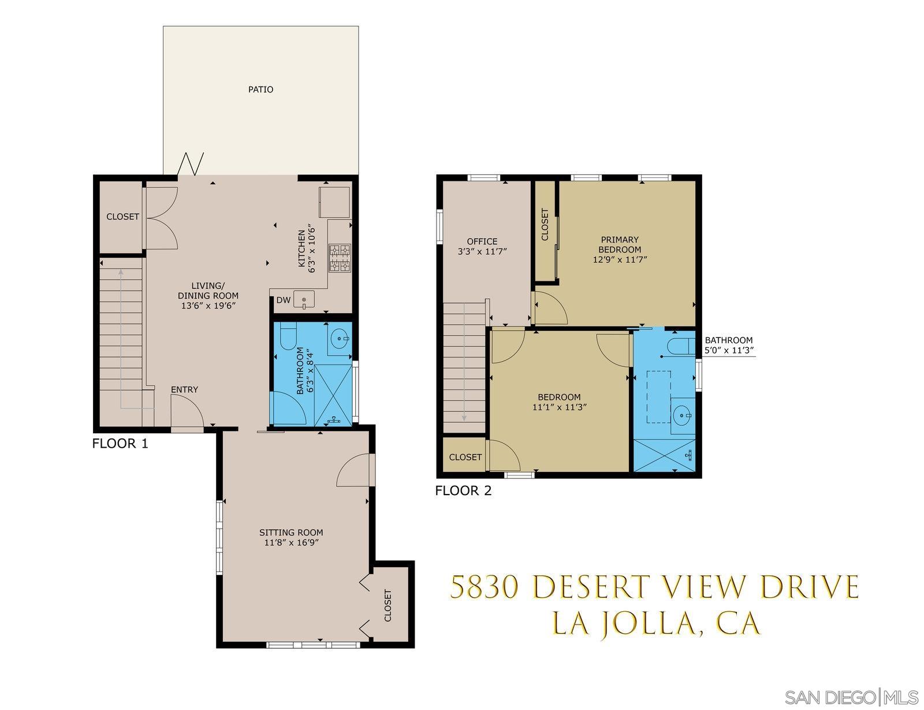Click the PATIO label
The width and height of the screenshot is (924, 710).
[260, 90]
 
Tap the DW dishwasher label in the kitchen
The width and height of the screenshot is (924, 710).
[283, 300]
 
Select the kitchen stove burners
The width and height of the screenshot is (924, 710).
[340, 258]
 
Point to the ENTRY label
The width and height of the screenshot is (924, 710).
[184, 390]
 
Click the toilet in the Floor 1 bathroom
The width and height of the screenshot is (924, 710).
[287, 337]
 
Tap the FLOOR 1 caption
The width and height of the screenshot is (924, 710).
[120, 444]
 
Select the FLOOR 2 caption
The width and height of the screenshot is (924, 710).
[463, 491]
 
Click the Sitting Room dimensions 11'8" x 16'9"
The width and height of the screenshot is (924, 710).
[292, 542]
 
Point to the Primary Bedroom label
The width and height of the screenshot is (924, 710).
[619, 244]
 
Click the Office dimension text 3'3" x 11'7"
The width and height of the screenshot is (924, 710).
[482, 251]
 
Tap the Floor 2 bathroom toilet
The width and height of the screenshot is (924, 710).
[678, 347]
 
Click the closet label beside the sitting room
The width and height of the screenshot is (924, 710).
[388, 605]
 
